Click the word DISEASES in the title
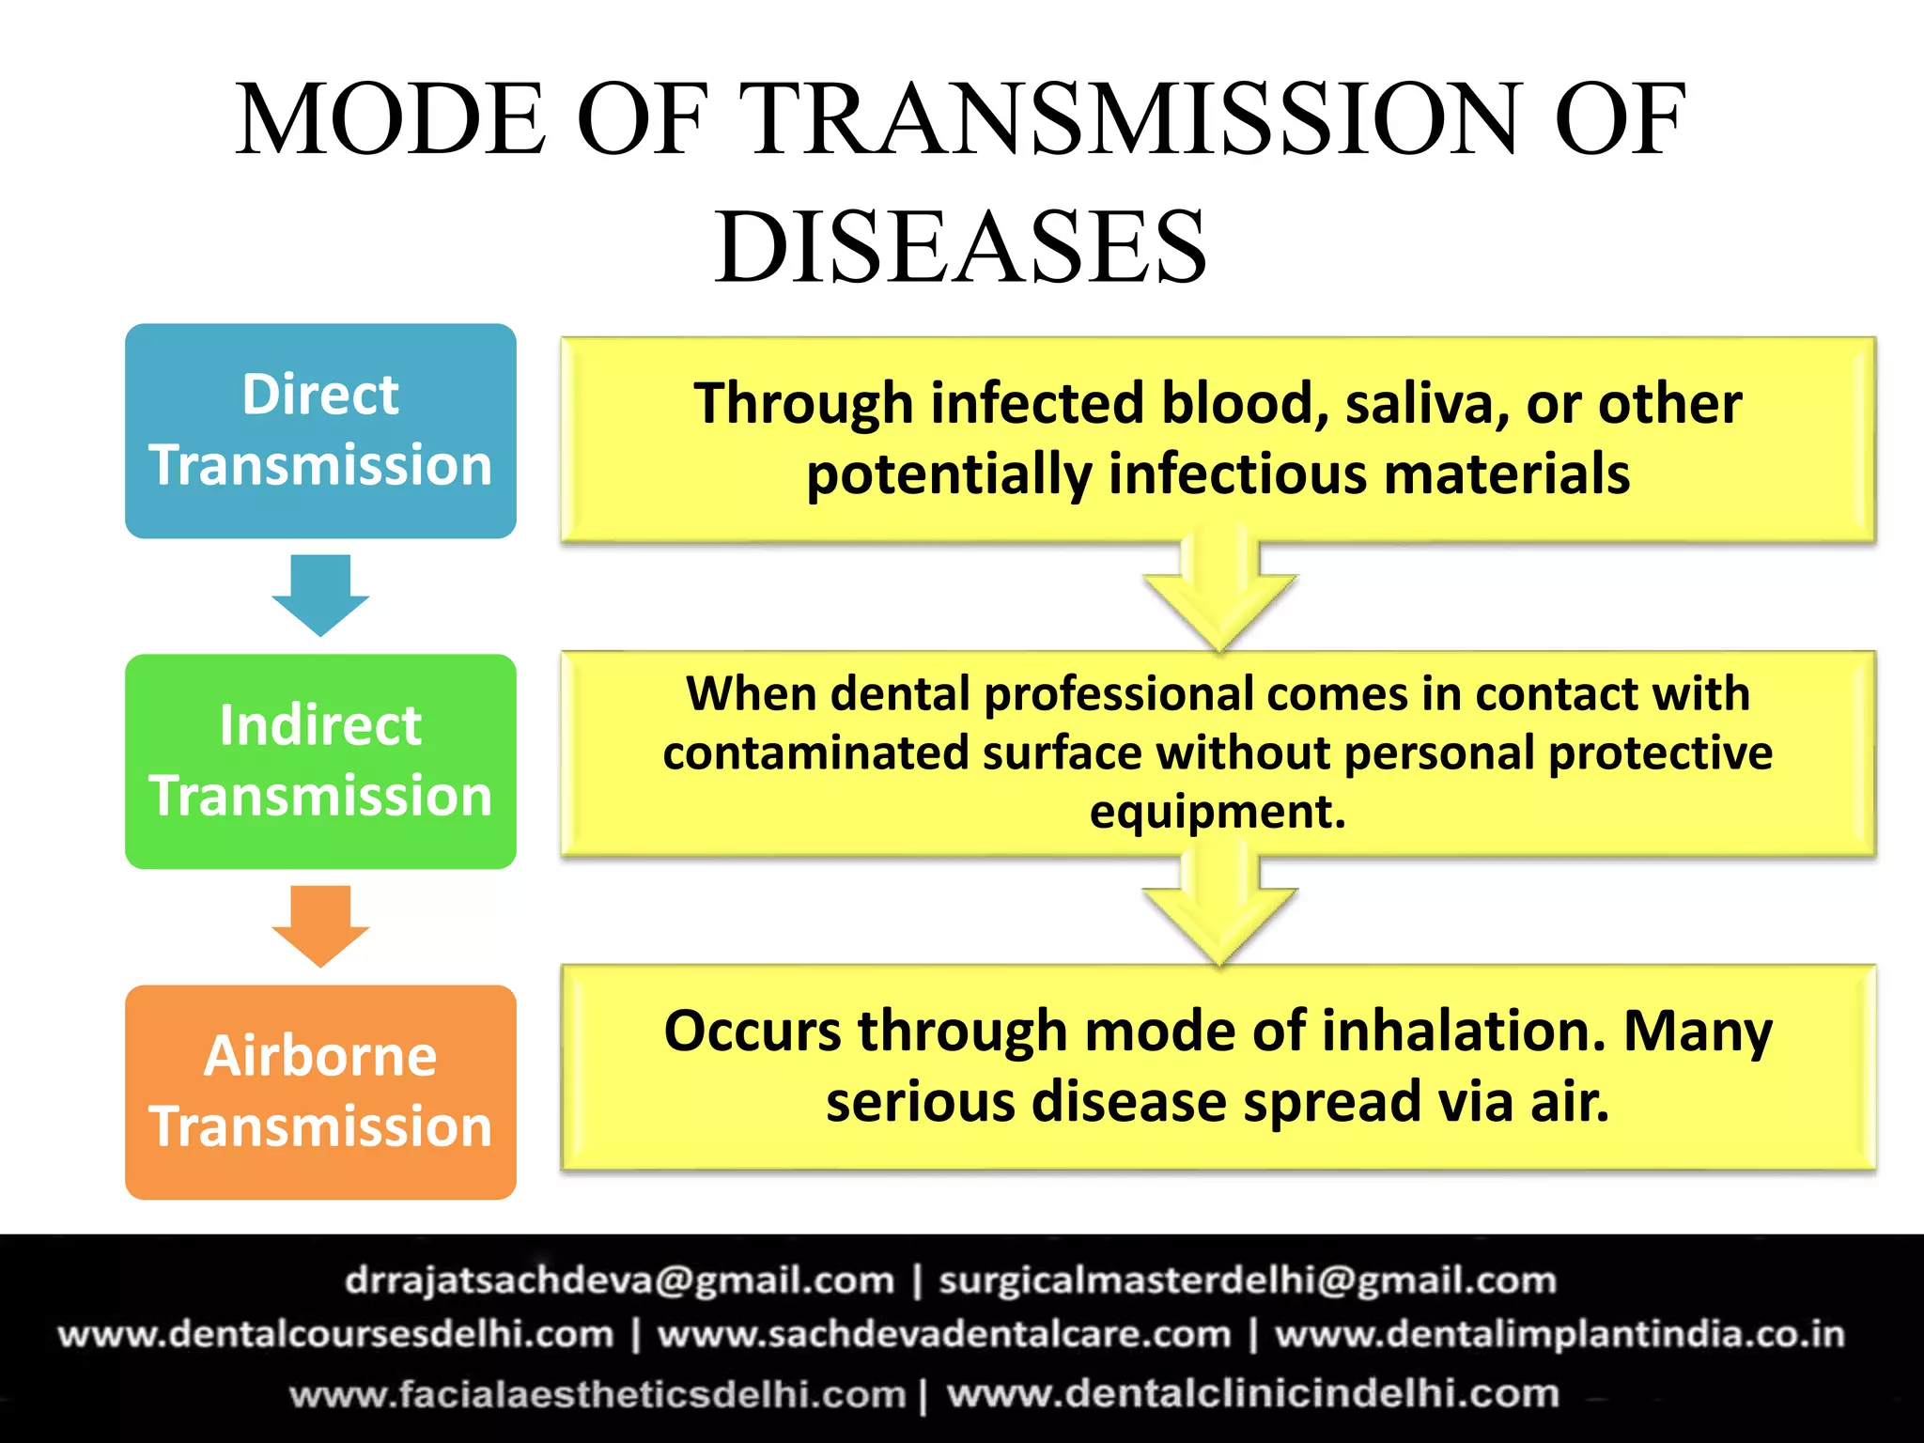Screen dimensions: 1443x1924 point(960,246)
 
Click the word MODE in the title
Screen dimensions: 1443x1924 point(389,119)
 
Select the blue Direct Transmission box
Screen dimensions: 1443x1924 point(320,430)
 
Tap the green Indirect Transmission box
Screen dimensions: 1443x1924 point(320,761)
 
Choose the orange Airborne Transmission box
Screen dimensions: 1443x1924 point(320,1092)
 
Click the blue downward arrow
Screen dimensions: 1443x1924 point(320,594)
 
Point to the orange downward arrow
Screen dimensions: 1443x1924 point(320,924)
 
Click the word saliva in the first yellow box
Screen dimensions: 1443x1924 point(1426,404)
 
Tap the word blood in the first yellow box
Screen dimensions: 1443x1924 point(1243,404)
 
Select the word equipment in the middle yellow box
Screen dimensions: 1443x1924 point(1217,812)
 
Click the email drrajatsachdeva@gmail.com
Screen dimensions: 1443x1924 point(619,1280)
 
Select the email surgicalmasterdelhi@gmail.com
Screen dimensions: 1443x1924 point(1247,1280)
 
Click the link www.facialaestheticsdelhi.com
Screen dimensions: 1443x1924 point(597,1394)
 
